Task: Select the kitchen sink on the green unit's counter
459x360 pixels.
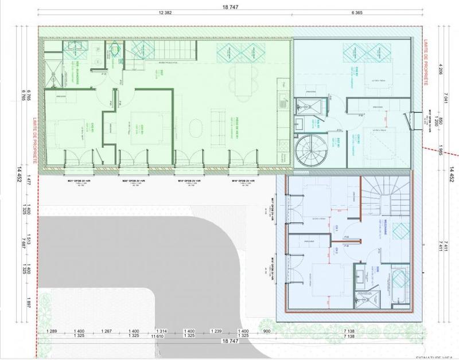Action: click(x=282, y=103)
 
